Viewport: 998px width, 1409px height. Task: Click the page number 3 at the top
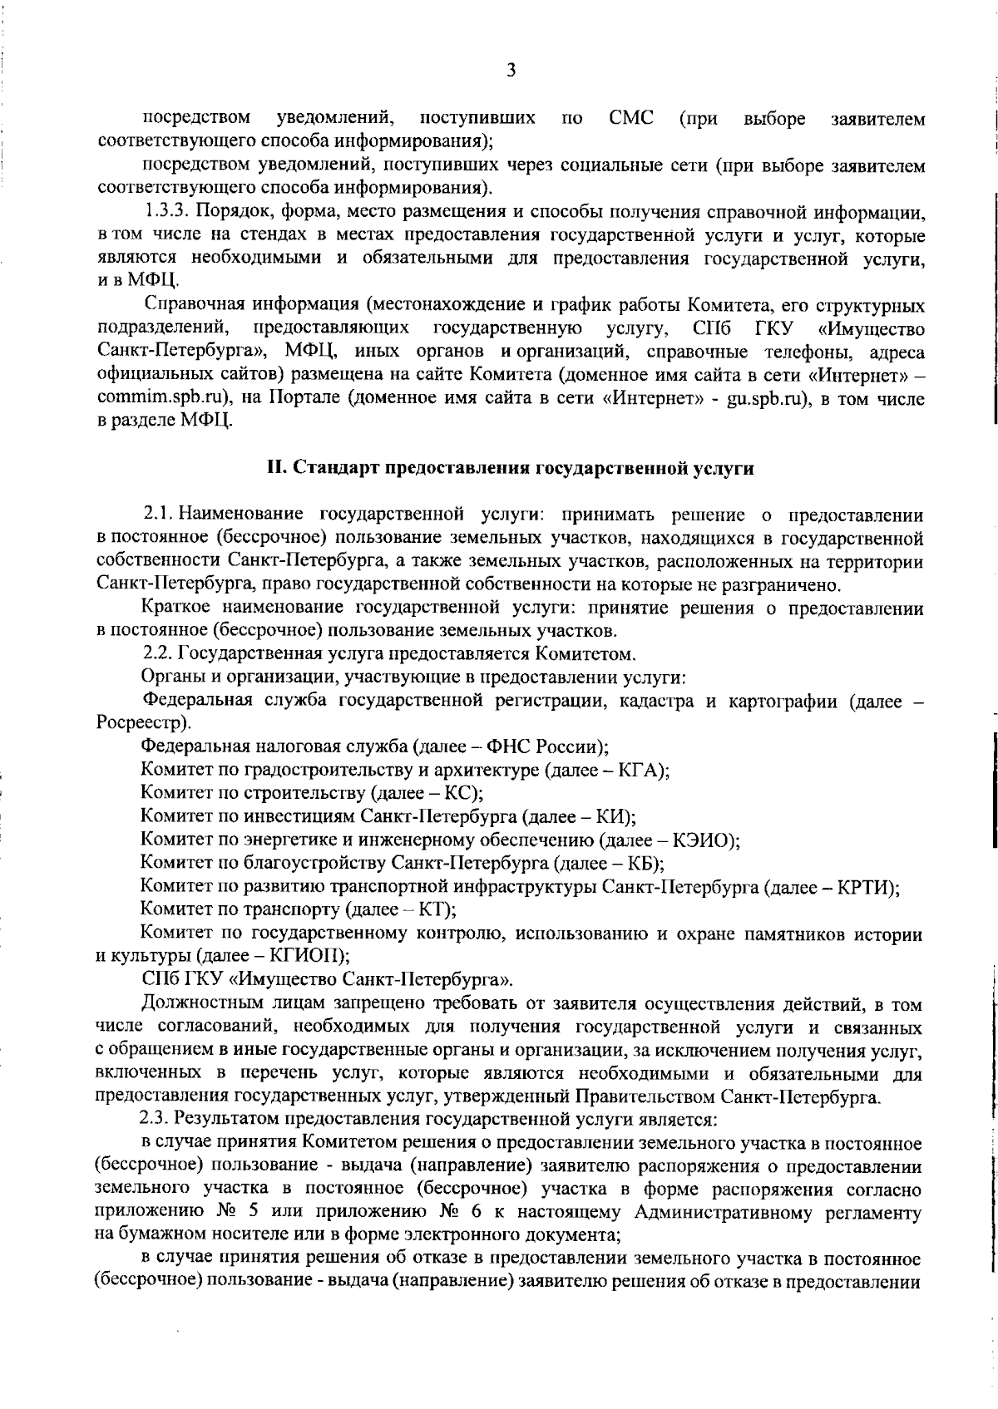(511, 70)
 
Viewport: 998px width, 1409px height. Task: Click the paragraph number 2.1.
(159, 515)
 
